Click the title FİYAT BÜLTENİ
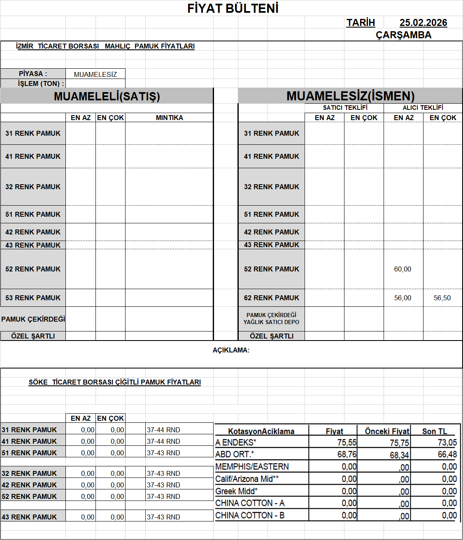pos(233,8)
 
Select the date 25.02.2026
pos(423,23)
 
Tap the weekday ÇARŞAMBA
pos(403,35)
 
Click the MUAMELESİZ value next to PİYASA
pos(95,74)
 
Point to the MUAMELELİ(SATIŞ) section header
pos(107,96)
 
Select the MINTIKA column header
pos(169,118)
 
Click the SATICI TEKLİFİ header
pos(345,108)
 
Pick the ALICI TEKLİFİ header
pos(423,108)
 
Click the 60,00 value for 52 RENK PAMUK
pos(403,269)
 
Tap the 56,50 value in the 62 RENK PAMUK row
pos(442,298)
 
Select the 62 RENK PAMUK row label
pos(271,298)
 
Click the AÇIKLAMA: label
pos(231,350)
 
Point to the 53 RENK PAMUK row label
pos(33,298)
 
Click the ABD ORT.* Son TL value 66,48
pos(447,454)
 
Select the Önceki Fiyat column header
pos(387,431)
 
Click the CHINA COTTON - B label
pos(250,515)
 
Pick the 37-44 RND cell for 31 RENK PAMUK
pos(163,430)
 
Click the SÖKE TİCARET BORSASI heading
pos(114,382)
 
